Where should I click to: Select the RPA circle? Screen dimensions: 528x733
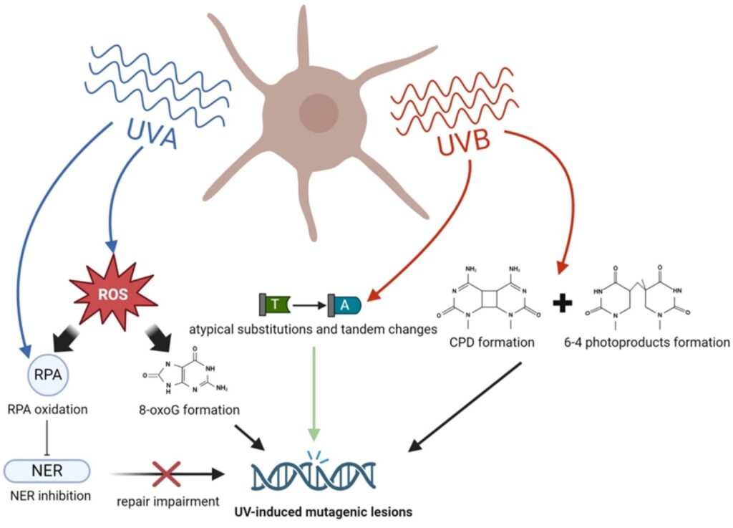click(x=47, y=373)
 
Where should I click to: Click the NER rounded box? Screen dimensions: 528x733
click(x=47, y=471)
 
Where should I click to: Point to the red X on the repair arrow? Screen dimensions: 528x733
click(x=166, y=474)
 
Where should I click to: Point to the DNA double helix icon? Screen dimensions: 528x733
click(x=314, y=474)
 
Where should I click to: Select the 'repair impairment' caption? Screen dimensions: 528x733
click(x=168, y=501)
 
